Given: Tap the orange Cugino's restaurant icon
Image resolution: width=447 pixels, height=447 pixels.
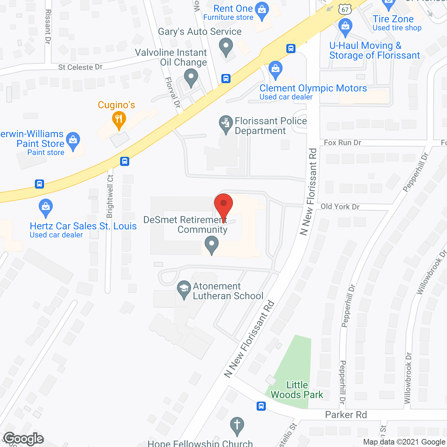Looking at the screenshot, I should click(119, 120).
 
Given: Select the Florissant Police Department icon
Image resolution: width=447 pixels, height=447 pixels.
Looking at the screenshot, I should click(226, 124).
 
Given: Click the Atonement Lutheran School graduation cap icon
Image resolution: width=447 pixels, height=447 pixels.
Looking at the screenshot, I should click(184, 289).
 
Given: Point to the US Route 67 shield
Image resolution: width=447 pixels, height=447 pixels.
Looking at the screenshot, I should click(345, 9).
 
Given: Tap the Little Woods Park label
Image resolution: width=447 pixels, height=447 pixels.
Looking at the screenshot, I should click(297, 390).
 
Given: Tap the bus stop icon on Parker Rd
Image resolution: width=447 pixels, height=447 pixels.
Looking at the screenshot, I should click(261, 406).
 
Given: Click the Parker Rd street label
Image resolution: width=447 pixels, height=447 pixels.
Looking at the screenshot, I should click(346, 415).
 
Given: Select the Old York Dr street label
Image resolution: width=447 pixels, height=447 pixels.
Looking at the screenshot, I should click(340, 207).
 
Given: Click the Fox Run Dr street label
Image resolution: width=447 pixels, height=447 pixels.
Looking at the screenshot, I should click(342, 142).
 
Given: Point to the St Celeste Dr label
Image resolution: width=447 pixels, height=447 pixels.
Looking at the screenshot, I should click(80, 67).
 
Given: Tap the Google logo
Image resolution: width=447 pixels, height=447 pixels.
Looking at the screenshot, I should click(23, 439).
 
